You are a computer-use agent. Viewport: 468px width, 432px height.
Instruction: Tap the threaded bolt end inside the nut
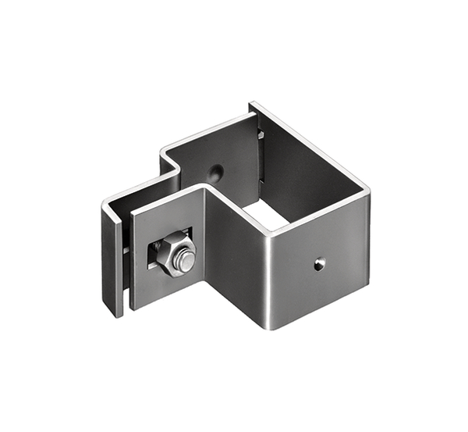(x=184, y=261)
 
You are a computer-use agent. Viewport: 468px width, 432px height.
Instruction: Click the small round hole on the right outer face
(x=318, y=265)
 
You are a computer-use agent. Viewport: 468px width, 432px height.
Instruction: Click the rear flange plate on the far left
(x=112, y=258)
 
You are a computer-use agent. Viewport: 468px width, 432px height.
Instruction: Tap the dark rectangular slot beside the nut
(x=151, y=255)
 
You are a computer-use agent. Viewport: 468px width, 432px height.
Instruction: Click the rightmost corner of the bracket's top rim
(x=369, y=188)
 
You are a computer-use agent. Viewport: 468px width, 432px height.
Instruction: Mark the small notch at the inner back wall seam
(x=261, y=134)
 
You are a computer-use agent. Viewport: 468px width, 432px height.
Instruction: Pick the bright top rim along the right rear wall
(x=312, y=144)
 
